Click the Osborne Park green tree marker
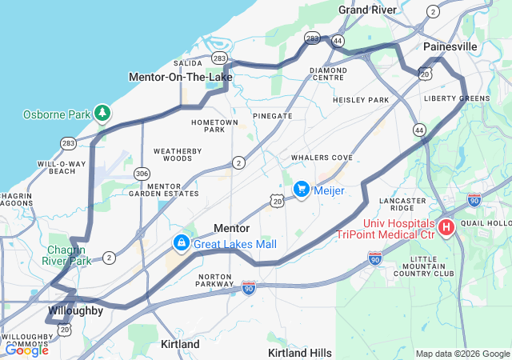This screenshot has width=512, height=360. click(x=102, y=114)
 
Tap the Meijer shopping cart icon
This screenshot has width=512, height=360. click(x=302, y=189)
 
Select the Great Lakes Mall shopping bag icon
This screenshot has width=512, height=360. click(x=182, y=242)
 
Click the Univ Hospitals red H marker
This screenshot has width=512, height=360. click(x=446, y=228)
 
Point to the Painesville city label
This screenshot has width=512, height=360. click(x=450, y=47)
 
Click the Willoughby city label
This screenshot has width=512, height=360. click(x=74, y=310)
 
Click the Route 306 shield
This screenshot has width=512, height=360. click(x=142, y=173)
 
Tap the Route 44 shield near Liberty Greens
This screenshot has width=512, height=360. click(x=419, y=129)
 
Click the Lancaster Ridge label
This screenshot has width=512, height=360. click(x=402, y=204)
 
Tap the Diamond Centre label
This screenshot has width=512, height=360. click(x=328, y=74)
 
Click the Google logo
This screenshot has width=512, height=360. click(x=26, y=350)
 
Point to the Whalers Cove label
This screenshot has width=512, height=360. click(x=322, y=158)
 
